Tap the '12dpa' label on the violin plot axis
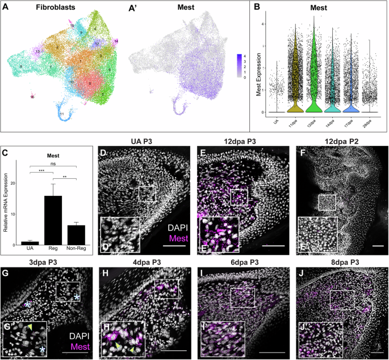coord(313,120)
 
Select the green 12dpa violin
coord(313,74)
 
